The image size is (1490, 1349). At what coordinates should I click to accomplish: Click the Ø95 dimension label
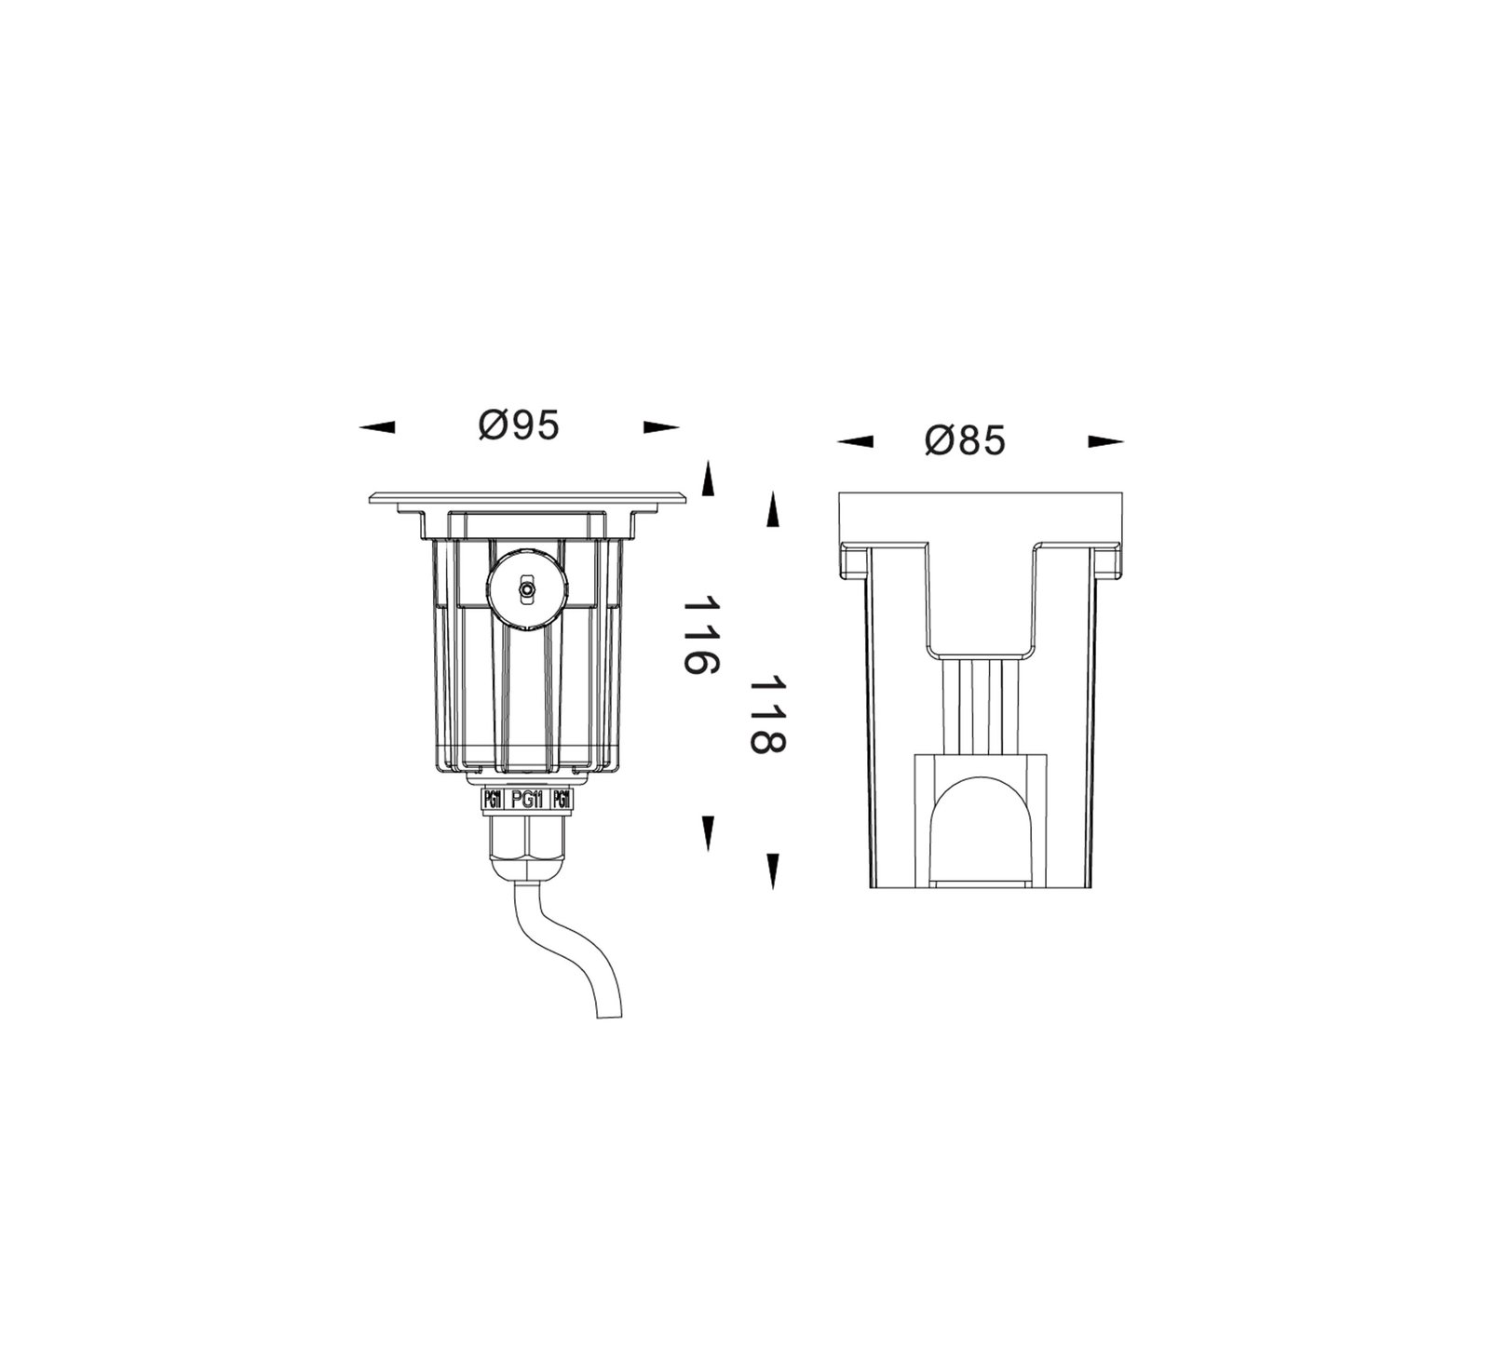tap(519, 426)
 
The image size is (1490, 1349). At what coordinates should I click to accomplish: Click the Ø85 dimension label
tap(966, 441)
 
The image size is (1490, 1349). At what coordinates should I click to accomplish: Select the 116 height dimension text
tap(701, 638)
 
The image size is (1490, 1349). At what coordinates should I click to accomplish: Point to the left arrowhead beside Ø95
tap(377, 427)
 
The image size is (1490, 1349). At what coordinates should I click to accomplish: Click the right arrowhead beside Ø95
tap(661, 427)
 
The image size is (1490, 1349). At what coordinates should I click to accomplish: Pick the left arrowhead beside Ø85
tap(855, 442)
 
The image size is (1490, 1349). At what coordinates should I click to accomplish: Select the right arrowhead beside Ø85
tap(1106, 442)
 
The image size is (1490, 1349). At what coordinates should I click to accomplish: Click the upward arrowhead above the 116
tap(708, 478)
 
